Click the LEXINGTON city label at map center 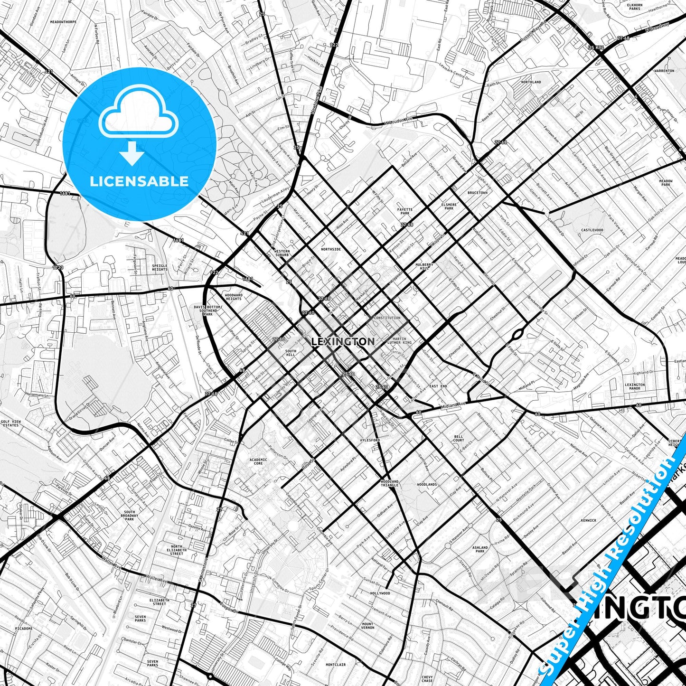point(343,341)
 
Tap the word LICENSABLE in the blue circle point(139,181)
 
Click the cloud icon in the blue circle point(139,112)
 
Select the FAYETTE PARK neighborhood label point(405,211)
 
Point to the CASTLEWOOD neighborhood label point(592,230)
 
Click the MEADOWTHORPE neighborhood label point(63,22)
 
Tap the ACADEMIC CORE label point(258,461)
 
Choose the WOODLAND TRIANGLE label point(389,483)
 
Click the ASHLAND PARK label point(480,549)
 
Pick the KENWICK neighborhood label point(588,520)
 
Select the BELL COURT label point(459,438)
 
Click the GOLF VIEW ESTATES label point(10,423)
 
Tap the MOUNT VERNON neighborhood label point(367,626)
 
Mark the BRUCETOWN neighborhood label point(477,193)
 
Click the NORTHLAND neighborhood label point(531,82)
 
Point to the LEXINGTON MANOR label point(635,386)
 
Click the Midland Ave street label point(453,405)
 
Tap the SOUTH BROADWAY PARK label point(130,516)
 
